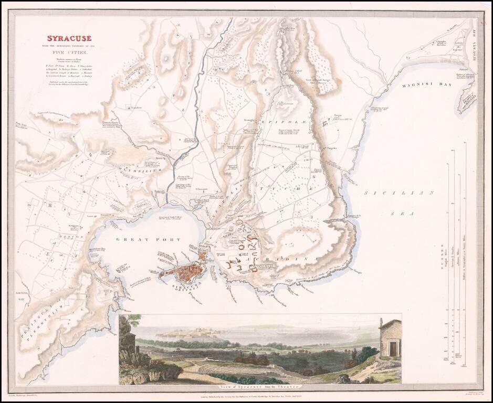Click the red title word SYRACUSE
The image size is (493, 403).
coord(70,38)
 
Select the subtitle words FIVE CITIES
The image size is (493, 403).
coord(69,52)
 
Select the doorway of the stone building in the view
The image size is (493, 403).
coord(391,348)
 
